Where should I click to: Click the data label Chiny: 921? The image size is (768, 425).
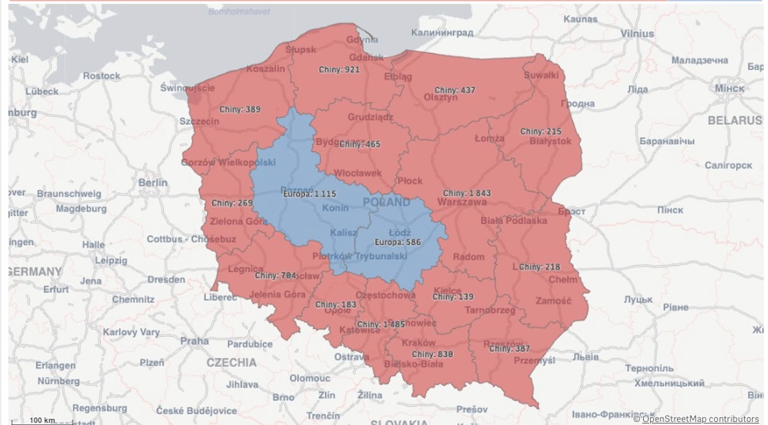point(339,70)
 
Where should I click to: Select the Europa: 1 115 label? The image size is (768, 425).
point(309,194)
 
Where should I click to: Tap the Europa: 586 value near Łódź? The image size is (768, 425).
point(398,242)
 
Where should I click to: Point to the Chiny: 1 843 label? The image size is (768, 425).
point(467,193)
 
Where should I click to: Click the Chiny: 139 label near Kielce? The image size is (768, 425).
point(453,297)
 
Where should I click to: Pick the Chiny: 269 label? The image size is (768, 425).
point(232,203)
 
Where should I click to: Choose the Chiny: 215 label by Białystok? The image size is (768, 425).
point(540,131)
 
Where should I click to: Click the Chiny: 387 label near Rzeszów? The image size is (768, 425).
point(509,349)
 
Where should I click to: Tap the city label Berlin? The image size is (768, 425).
point(153,183)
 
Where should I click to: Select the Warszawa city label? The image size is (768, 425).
point(462,202)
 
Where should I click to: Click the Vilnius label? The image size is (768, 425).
point(637,34)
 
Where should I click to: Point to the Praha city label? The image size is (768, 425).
point(194,341)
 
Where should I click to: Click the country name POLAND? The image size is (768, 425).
point(387,202)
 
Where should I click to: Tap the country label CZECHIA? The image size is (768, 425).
point(231,363)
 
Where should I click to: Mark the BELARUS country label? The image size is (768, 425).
point(735,120)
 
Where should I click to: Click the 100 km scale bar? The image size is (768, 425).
point(42,421)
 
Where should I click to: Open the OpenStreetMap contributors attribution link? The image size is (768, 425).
point(700,419)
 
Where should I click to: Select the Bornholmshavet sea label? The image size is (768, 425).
point(239,12)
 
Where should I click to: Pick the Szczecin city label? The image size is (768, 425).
point(199,121)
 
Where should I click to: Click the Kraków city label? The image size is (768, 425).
point(419,343)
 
